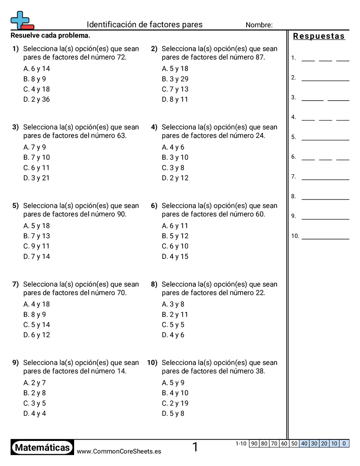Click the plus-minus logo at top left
22,21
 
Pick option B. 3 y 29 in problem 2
175,79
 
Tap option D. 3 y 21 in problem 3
37,178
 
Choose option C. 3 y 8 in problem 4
173,168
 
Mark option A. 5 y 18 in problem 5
37,226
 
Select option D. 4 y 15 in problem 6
175,256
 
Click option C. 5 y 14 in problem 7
37,325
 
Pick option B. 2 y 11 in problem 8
175,315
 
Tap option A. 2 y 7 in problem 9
34,383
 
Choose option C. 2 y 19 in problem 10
175,403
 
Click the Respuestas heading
319,36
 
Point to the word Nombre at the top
259,25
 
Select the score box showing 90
254,443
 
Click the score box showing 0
344,443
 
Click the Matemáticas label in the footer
42,448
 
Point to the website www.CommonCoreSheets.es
119,451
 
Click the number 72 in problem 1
121,57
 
